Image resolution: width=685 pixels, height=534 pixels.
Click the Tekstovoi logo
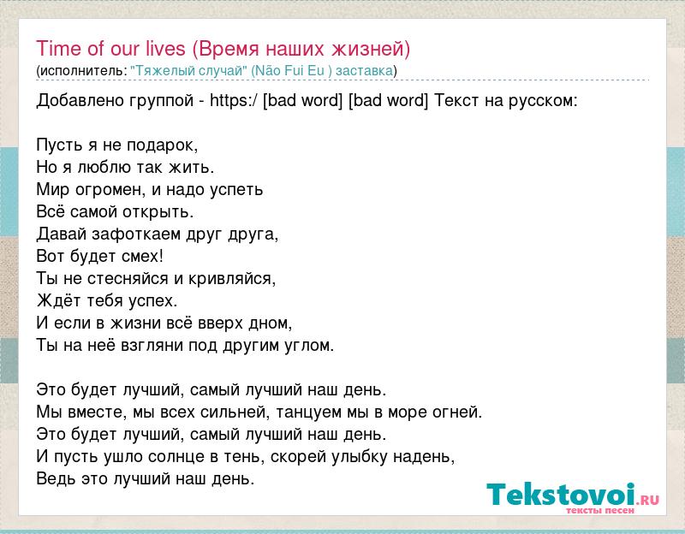(573, 497)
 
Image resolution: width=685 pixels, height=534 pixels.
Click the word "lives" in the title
(166, 48)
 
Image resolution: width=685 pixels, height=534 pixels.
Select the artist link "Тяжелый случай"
(188, 71)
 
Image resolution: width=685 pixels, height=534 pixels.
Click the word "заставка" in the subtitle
(365, 71)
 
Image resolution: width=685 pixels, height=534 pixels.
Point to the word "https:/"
(234, 101)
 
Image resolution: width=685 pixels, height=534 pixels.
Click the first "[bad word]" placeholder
(303, 101)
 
